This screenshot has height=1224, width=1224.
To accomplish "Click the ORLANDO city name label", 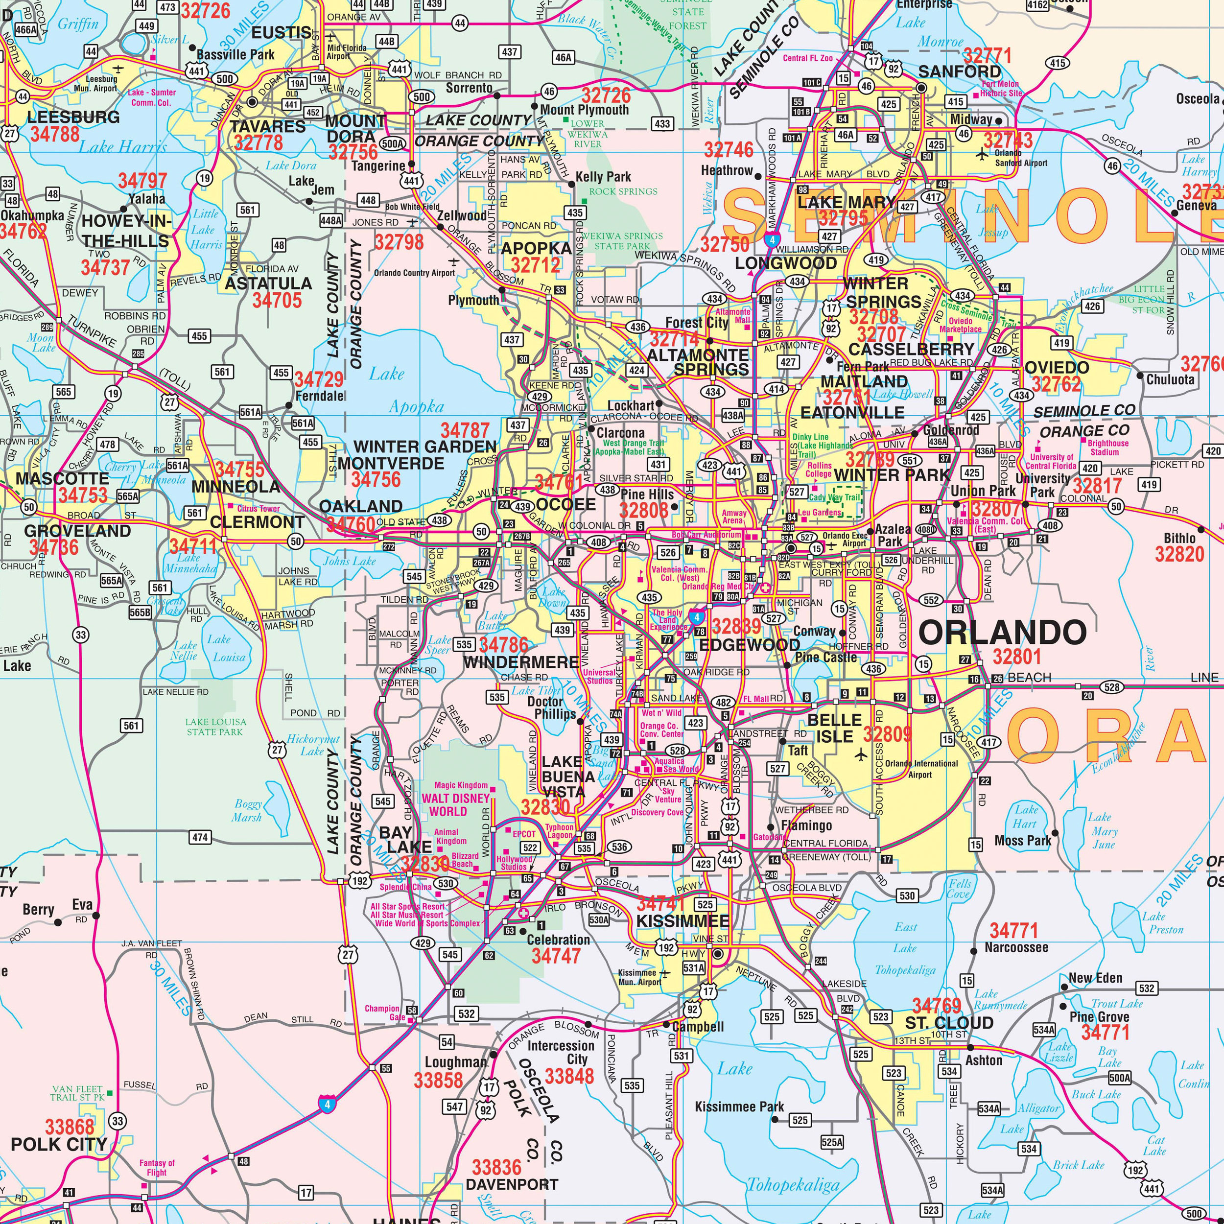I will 1002,632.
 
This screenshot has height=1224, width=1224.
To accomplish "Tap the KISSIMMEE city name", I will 683,920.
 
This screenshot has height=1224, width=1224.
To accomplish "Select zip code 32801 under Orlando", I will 1017,656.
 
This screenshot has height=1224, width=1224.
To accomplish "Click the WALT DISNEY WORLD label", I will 455,804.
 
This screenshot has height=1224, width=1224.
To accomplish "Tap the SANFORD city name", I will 959,71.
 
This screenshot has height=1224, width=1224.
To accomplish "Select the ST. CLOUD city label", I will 948,1023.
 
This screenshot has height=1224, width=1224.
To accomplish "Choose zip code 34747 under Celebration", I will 556,956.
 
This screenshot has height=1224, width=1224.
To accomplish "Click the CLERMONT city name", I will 257,522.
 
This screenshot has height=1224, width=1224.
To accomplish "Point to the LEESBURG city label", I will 73,117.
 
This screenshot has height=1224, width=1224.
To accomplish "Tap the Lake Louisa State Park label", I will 215,727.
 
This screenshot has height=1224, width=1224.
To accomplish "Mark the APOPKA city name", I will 536,248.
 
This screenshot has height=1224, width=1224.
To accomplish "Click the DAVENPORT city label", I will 512,1184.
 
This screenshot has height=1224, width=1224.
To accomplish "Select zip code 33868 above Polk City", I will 70,1127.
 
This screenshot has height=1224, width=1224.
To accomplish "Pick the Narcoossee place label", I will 1016,948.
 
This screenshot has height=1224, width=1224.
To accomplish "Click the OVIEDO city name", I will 1056,368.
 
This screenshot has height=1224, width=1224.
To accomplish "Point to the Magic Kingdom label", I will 461,785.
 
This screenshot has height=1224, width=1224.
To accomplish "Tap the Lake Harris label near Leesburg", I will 123,148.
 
